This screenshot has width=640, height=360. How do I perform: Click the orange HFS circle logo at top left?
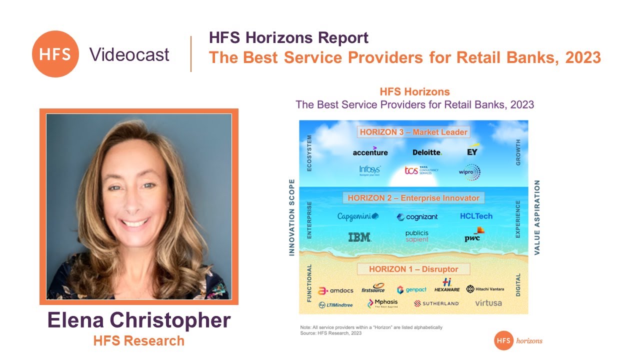55,54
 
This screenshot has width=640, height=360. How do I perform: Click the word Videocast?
129,54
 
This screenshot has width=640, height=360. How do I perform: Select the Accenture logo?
370,151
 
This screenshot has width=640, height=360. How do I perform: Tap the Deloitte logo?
427,152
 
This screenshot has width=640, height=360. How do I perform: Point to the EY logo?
472,151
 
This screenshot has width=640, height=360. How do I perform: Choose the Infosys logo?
369,170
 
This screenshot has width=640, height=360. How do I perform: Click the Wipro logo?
469,172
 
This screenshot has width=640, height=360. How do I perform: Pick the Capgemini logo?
358,216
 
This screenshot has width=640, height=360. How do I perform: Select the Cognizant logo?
417,217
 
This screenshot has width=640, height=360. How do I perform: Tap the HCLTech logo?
476,216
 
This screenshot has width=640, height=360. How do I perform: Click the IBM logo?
359,237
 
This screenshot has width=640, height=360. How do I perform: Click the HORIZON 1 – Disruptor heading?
413,269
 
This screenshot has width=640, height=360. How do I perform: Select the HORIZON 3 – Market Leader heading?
413,132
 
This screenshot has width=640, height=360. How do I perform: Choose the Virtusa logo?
488,303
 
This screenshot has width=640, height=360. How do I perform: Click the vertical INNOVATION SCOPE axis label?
292,217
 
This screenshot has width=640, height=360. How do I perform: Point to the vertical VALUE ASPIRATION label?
537,217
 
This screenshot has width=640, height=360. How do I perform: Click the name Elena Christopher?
139,320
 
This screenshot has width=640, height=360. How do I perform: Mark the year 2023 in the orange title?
583,57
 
